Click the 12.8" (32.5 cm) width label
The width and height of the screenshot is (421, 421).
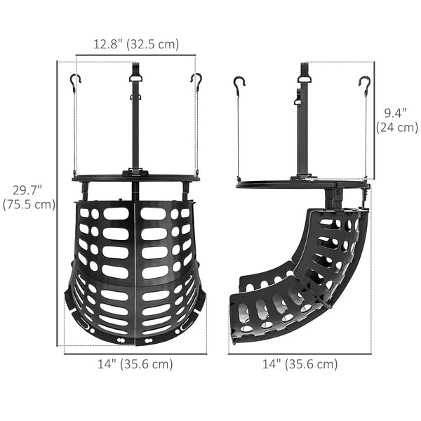136,44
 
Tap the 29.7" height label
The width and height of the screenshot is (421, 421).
29,190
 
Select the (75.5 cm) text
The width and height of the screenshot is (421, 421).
29,205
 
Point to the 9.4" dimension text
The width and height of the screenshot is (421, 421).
396,112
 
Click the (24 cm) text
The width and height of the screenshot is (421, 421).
396,127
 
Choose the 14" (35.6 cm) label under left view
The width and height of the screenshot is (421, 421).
135,364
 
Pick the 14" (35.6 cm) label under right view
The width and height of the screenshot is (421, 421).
300,364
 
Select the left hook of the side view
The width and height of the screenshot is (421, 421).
239,84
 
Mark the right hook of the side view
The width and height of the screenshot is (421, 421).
364,84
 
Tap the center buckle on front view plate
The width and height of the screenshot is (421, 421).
135,172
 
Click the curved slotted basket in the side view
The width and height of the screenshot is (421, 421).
309,274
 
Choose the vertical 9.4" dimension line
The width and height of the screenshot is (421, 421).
373,119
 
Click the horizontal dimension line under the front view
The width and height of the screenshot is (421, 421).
135,353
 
